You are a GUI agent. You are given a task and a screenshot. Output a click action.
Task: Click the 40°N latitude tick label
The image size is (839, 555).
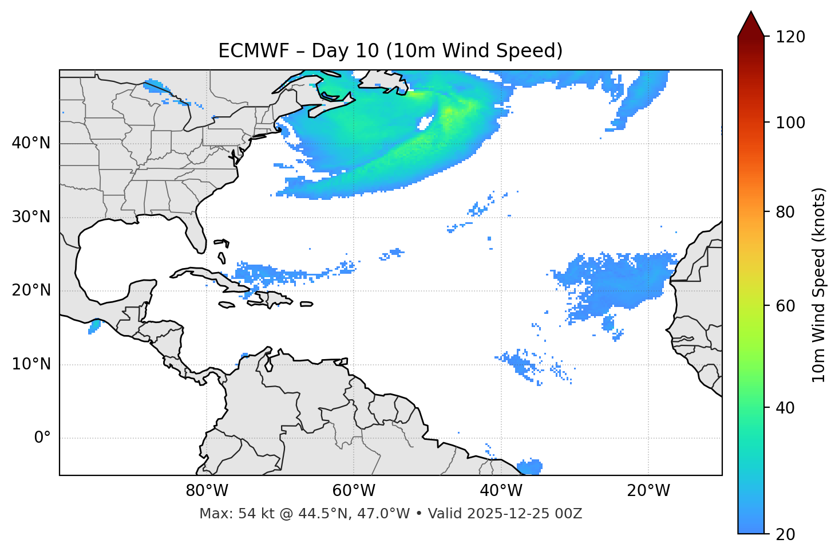pos(31,143)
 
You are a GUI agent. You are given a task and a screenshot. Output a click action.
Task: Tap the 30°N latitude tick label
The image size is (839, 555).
pos(31,217)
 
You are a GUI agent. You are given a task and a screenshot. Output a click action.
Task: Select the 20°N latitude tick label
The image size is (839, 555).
pos(31,290)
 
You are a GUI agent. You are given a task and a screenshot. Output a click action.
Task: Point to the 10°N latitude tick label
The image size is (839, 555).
pos(31,364)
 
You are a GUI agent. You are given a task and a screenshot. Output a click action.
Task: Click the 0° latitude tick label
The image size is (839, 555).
pos(42,438)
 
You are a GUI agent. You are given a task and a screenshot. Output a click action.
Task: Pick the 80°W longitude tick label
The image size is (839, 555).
pos(207,491)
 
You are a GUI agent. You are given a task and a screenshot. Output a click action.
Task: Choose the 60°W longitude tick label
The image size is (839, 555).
pos(354,491)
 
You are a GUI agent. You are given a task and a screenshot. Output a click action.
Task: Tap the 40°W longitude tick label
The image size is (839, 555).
pos(501,491)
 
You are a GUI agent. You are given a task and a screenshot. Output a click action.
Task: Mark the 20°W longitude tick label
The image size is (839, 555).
pos(648,491)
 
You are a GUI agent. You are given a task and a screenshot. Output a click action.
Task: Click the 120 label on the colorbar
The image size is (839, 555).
pos(790,37)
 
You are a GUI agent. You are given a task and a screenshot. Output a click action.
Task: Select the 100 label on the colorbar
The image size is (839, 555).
pos(790,123)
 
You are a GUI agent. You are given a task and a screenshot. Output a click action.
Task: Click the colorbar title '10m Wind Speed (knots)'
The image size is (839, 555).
pos(819,285)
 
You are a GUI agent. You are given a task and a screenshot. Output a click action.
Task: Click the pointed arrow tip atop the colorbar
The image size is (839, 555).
pos(751,14)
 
